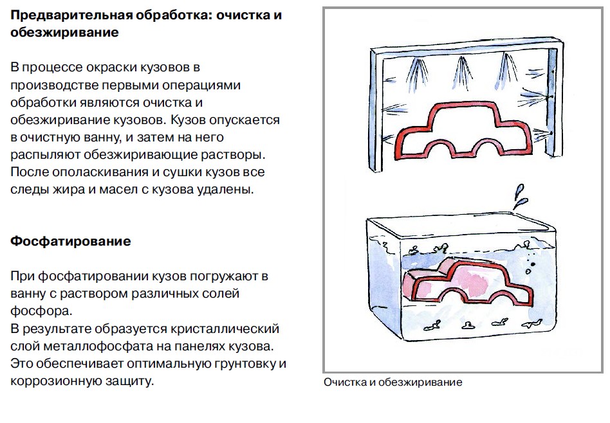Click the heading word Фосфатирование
71,242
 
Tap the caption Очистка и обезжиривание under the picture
393,382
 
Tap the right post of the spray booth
550,103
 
